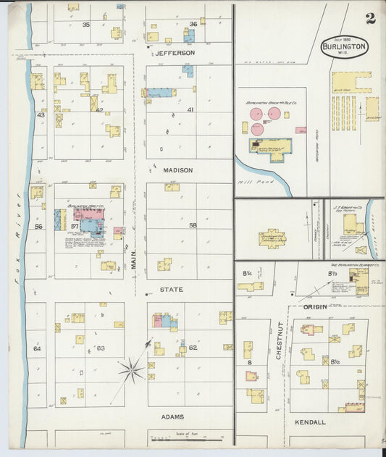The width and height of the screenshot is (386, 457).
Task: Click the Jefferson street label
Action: click(x=175, y=53)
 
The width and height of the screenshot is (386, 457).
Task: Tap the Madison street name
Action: click(x=177, y=170)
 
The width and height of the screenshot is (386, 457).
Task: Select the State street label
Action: click(x=171, y=289)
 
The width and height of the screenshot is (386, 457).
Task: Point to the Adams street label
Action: click(x=172, y=416)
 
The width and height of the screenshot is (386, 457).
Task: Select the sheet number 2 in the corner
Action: click(x=370, y=18)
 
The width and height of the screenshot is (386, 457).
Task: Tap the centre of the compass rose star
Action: click(x=132, y=372)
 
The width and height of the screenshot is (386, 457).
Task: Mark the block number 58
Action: click(x=193, y=225)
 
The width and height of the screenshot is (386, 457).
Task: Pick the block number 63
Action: click(x=101, y=348)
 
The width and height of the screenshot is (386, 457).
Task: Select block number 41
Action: click(x=190, y=110)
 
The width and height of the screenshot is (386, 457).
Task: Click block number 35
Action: click(x=86, y=25)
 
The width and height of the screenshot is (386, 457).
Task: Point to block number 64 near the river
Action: click(x=38, y=348)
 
